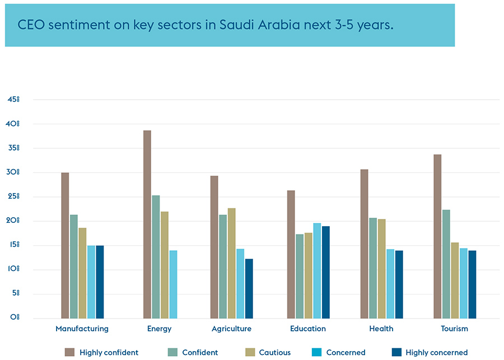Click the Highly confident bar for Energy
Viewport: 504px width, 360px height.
tap(147, 224)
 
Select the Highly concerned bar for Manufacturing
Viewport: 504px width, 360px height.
tap(100, 282)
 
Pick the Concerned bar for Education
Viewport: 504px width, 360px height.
tap(317, 270)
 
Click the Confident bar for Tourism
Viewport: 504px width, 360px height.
tap(446, 264)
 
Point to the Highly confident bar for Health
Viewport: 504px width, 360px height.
tap(364, 244)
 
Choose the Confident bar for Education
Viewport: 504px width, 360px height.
tap(300, 276)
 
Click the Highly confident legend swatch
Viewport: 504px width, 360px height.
tap(69, 352)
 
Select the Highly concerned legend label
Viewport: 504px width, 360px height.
tap(436, 353)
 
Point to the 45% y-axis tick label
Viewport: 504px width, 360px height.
tap(13, 100)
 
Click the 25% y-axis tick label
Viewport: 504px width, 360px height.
tap(13, 197)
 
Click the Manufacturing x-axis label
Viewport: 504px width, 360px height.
tap(82, 329)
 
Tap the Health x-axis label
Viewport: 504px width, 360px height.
tap(381, 329)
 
